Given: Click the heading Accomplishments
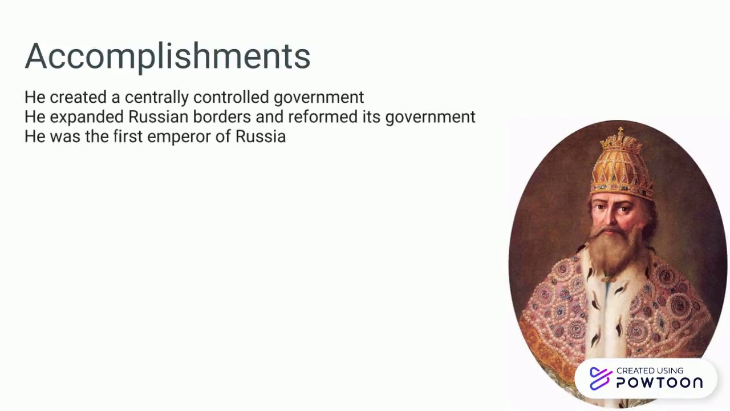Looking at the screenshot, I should [x=167, y=56].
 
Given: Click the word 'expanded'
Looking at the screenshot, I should [x=87, y=117].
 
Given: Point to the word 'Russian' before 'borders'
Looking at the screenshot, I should [x=158, y=117].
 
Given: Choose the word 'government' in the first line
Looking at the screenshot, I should [x=318, y=98].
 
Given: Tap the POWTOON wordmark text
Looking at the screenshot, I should [x=659, y=383].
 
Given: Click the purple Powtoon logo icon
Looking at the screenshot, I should [x=600, y=378].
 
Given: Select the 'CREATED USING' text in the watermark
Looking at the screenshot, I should [x=650, y=370].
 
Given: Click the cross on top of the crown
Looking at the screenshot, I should [x=620, y=132].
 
